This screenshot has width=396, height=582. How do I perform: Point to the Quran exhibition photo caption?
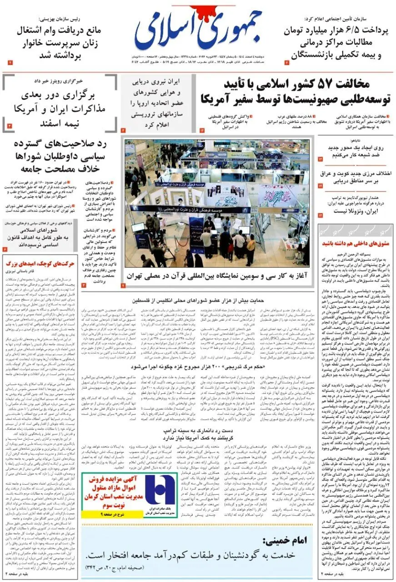pyautogui.click(x=218, y=276)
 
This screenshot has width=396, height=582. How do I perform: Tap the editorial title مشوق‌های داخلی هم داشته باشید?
pyautogui.click(x=357, y=244)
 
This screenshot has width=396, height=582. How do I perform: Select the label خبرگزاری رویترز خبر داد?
pyautogui.click(x=60, y=81)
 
